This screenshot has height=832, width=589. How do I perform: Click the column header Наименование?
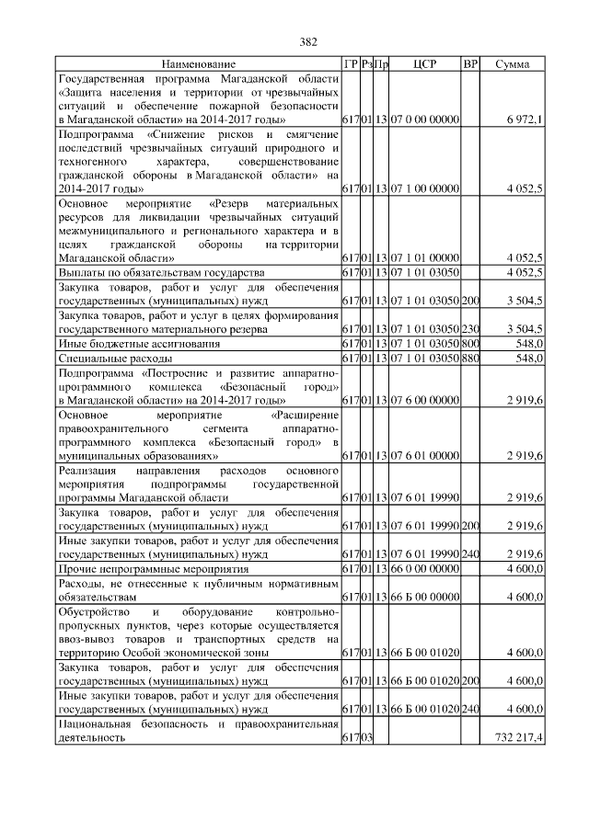click(x=198, y=64)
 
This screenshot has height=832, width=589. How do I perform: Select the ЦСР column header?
click(x=424, y=64)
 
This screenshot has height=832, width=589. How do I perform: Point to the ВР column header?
click(x=470, y=64)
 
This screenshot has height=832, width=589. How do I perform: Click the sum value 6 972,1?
click(x=524, y=120)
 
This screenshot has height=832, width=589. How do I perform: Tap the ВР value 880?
click(x=470, y=359)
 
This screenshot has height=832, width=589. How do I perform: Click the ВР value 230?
click(x=470, y=329)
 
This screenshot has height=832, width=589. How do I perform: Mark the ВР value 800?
click(x=470, y=344)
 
